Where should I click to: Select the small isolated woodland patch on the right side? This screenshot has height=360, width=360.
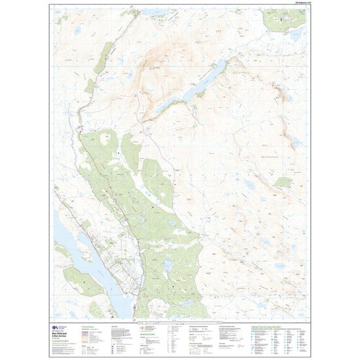(283, 183)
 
